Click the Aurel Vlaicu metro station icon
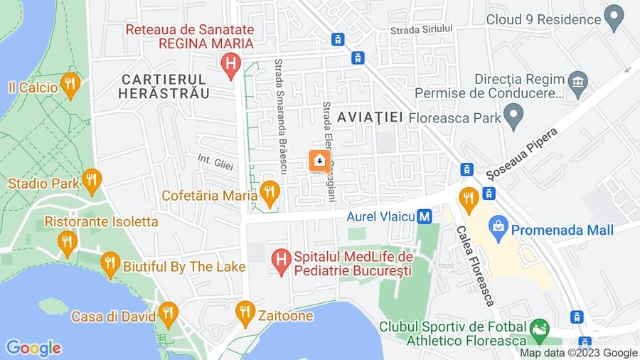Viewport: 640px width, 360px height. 425,215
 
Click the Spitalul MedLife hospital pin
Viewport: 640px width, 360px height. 282,262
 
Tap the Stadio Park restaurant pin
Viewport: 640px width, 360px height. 91,181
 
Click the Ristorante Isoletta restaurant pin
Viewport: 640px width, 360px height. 68,243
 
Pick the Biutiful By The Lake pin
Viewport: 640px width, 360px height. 110,265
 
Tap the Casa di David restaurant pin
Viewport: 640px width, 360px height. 168,312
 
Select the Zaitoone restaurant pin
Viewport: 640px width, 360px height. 245,312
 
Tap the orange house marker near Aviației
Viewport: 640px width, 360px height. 319,162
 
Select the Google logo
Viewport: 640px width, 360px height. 33,348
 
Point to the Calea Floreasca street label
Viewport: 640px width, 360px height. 474,266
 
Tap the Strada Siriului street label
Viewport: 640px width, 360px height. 422,29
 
